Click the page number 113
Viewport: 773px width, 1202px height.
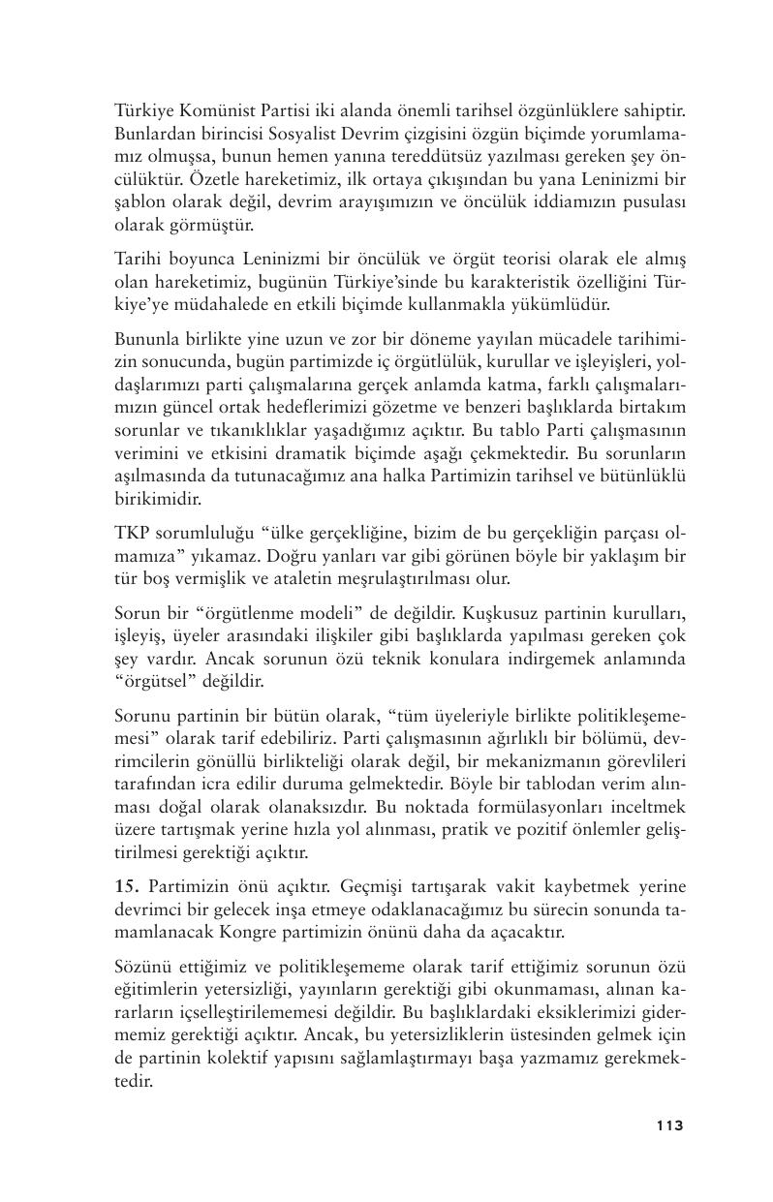click(x=669, y=1125)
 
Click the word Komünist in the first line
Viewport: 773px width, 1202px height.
click(x=219, y=112)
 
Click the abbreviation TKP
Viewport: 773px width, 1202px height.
click(x=132, y=532)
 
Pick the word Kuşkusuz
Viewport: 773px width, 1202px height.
click(x=499, y=611)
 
